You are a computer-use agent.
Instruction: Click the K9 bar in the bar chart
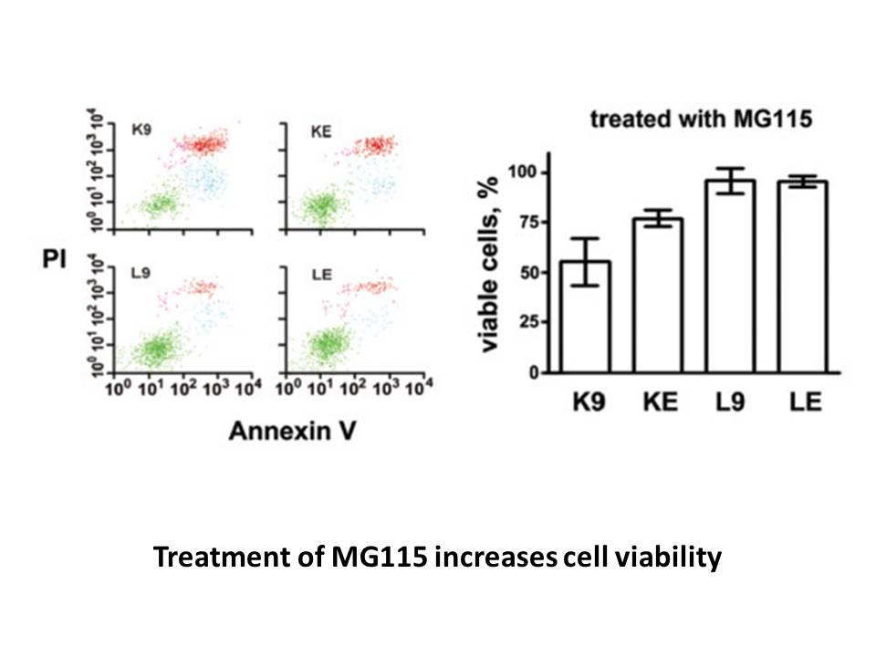click(585, 317)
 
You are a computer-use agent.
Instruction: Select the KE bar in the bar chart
click(658, 295)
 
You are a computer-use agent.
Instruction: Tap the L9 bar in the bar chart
click(730, 276)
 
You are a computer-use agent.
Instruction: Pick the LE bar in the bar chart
click(802, 276)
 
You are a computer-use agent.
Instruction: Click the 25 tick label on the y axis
click(526, 322)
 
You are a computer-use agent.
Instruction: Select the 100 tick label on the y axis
click(522, 172)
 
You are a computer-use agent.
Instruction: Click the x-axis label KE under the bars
click(660, 401)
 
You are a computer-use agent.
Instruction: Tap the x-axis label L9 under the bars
click(730, 401)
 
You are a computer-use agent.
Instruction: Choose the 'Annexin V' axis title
click(292, 432)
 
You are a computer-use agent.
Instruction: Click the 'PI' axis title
click(54, 258)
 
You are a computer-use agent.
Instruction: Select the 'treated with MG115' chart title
click(701, 119)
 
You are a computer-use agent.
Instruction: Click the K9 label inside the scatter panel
click(141, 130)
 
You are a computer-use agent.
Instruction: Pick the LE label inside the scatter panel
click(321, 275)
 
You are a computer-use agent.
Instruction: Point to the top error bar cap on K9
click(585, 239)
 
